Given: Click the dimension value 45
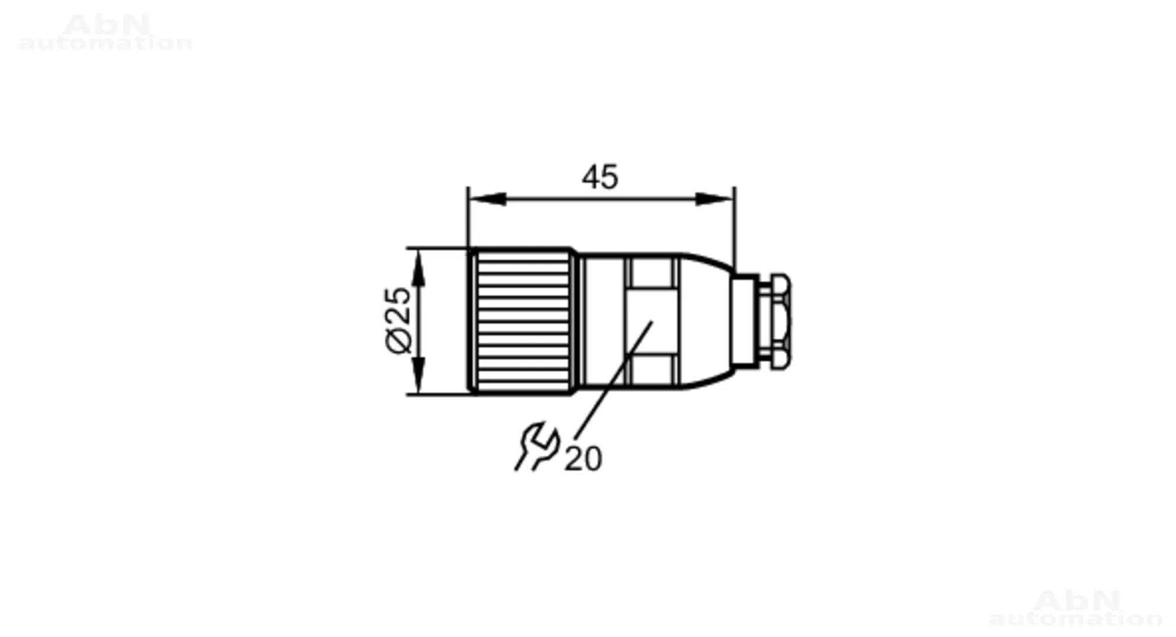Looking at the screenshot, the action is pos(600,177).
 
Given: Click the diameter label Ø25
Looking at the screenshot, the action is pos(399,320).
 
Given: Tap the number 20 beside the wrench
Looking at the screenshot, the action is pos(583,459).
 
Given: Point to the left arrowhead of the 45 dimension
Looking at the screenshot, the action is pos(487,199).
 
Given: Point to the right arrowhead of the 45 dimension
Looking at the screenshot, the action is pos(714,199).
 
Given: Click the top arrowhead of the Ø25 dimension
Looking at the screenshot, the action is pos(418,267).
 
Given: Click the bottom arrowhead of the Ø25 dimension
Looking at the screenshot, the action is pos(418,375).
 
